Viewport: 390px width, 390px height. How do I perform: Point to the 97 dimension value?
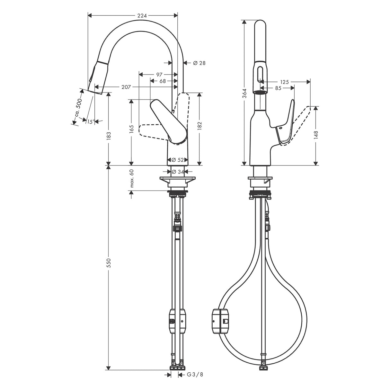(159, 75)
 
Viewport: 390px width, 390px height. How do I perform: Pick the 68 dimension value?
(163, 81)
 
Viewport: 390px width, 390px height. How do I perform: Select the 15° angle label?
(90, 121)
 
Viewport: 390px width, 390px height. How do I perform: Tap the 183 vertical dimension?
(109, 135)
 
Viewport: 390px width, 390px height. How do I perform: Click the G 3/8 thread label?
(195, 375)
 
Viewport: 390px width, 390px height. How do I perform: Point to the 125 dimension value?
(285, 82)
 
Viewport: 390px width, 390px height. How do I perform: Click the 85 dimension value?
(278, 88)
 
